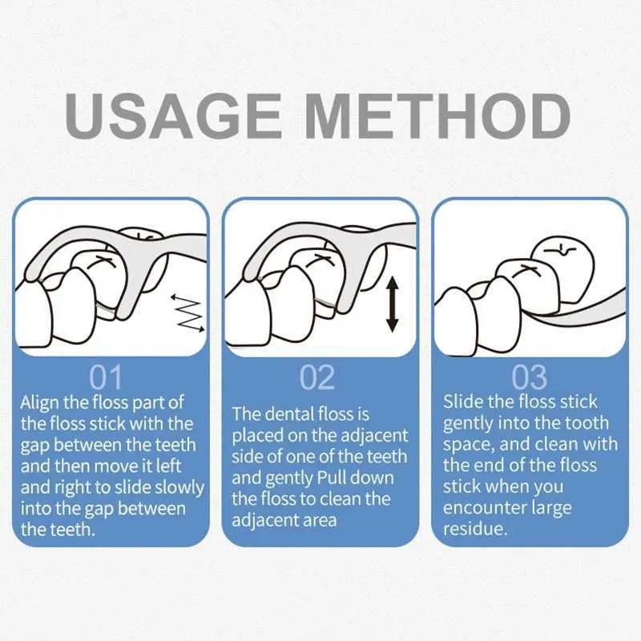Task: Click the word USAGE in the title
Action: [x=173, y=115]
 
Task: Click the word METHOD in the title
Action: [x=438, y=115]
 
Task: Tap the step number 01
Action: [x=106, y=377]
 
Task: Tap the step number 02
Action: [x=317, y=377]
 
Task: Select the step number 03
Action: [x=529, y=377]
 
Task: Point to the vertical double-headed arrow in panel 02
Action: [x=393, y=304]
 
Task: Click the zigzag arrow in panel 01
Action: [x=187, y=312]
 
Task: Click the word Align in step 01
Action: [x=39, y=403]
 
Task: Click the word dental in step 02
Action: [x=290, y=414]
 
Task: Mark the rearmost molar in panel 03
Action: [x=562, y=268]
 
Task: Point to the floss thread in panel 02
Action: [x=325, y=303]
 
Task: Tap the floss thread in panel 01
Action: [x=106, y=308]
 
